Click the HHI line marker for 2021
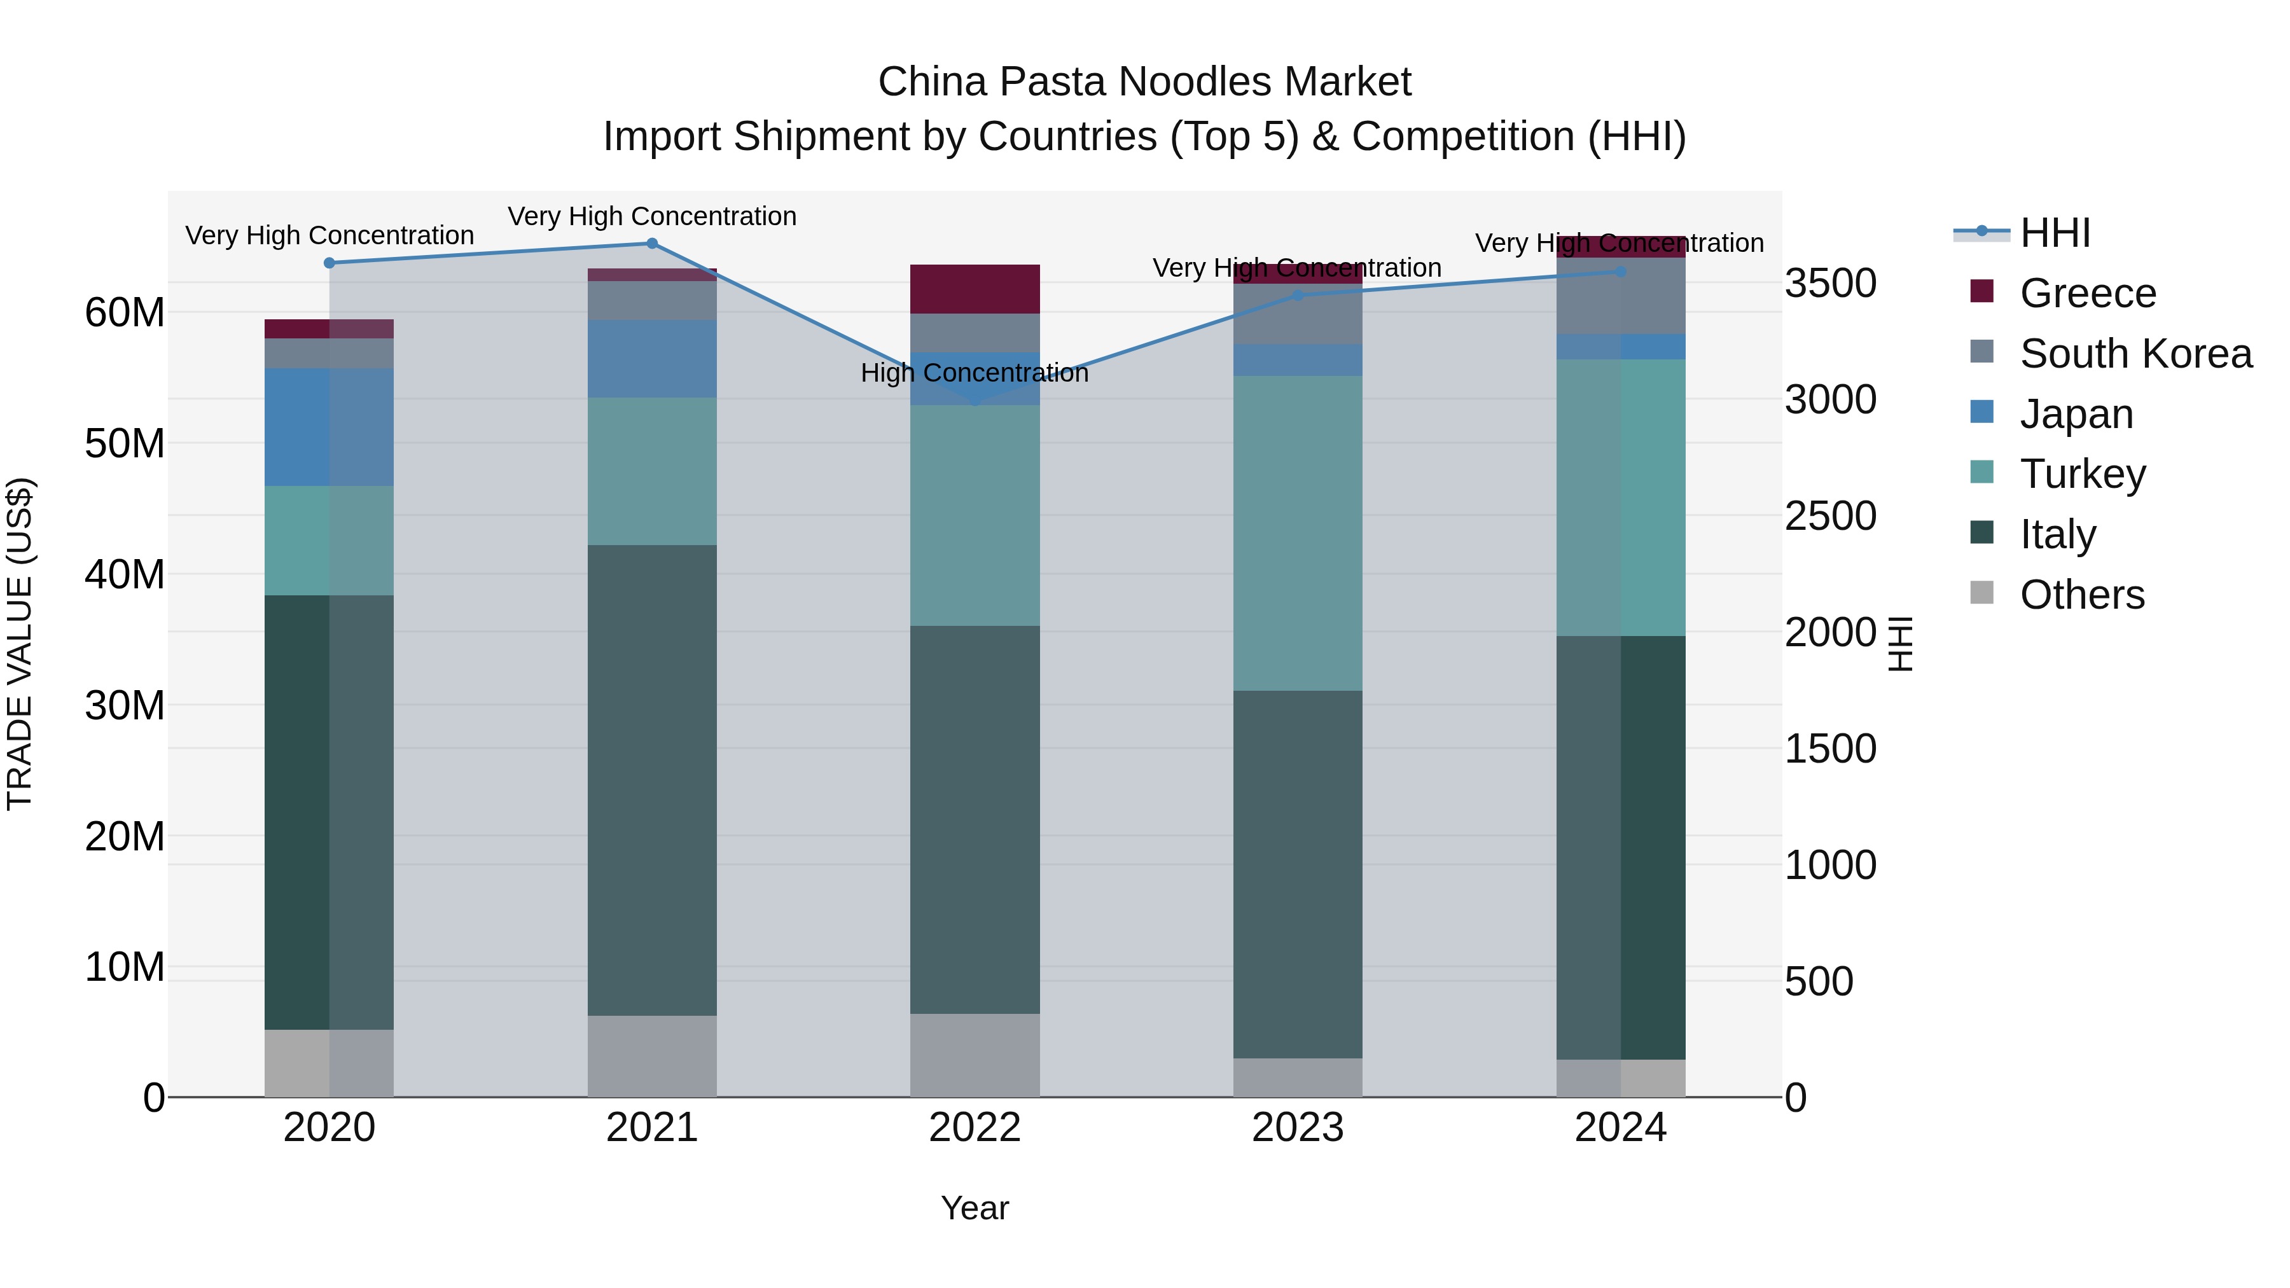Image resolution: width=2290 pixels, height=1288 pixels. click(651, 244)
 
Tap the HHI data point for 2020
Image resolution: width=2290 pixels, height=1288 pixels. click(329, 263)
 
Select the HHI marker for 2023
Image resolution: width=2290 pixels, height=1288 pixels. click(1298, 295)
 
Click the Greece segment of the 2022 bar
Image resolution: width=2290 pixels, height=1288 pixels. click(975, 289)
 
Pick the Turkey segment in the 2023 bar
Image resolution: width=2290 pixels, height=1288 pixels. click(1298, 534)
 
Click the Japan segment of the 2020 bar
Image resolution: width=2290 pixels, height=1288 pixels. click(329, 427)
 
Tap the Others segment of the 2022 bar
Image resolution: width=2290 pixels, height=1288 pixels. click(975, 1055)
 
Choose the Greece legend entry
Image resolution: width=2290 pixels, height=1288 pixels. click(2086, 293)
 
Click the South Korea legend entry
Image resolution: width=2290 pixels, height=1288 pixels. click(2134, 354)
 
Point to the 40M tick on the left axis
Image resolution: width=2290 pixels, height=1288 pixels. click(125, 575)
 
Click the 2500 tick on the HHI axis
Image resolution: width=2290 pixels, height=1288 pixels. click(1830, 516)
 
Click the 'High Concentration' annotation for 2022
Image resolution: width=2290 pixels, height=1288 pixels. click(975, 373)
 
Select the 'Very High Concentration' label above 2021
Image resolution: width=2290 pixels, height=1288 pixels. click(651, 216)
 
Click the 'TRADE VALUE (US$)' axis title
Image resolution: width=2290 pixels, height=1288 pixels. click(20, 644)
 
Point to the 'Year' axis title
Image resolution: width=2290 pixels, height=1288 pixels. click(975, 1208)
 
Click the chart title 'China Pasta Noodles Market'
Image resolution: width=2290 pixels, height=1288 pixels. click(1144, 82)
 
